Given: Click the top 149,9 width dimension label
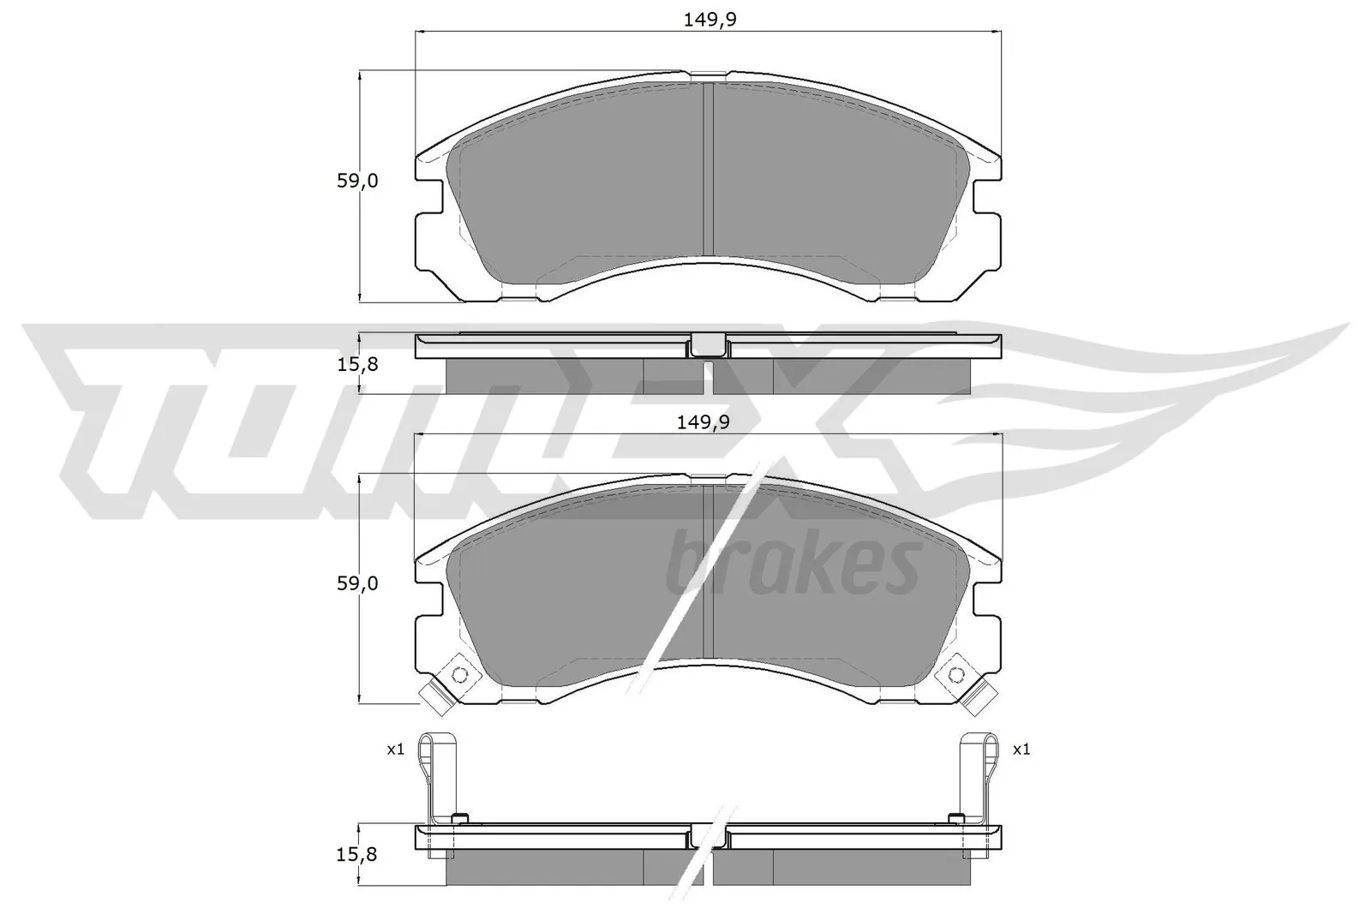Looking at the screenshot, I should pyautogui.click(x=709, y=21).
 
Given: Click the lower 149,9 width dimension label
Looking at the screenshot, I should pyautogui.click(x=709, y=421).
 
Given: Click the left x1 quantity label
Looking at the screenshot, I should pyautogui.click(x=394, y=750).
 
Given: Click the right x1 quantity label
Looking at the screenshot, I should pyautogui.click(x=1021, y=750).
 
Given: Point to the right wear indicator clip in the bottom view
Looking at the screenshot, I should pyautogui.click(x=979, y=771).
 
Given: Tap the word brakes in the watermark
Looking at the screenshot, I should pyautogui.click(x=793, y=564).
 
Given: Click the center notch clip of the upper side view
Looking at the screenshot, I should pyautogui.click(x=708, y=345).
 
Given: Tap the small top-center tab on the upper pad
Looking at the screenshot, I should pyautogui.click(x=708, y=75).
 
